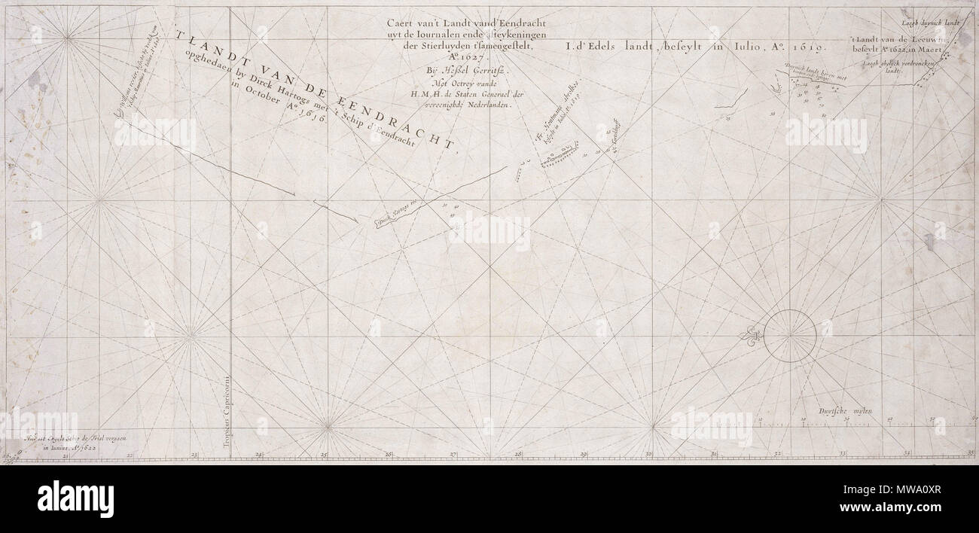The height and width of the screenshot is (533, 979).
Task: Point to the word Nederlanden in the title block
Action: coord(491,106)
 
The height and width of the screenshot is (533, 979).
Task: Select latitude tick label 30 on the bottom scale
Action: coord(648,454)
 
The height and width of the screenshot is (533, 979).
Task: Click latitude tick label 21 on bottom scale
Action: coord(66,455)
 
